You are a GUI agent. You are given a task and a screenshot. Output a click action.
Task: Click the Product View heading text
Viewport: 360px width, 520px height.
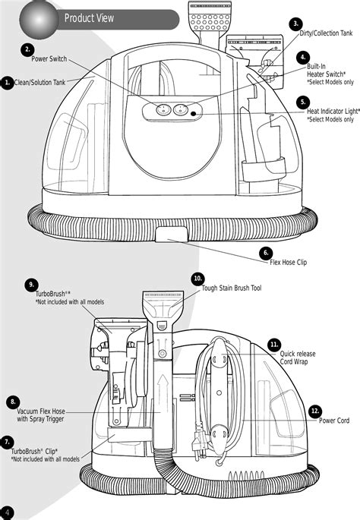(x=89, y=18)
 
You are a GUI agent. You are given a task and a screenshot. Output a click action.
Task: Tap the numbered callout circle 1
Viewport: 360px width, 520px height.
(x=6, y=82)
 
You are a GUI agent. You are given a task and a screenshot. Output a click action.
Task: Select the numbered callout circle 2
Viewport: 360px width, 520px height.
(x=28, y=50)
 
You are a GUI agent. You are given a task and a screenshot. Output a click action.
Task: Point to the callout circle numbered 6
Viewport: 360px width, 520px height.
(x=266, y=253)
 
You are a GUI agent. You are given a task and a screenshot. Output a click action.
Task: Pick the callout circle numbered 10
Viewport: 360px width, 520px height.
(x=198, y=279)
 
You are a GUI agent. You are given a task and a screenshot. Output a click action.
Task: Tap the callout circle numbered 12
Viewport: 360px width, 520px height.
(x=315, y=411)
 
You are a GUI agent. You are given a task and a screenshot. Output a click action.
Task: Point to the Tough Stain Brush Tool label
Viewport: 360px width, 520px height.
(x=232, y=288)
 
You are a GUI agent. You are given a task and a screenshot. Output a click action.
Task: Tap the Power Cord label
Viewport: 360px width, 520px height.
(x=334, y=421)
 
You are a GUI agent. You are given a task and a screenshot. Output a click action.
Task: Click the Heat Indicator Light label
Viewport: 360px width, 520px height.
(x=331, y=111)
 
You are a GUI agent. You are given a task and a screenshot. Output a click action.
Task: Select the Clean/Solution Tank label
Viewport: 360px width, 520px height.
(x=39, y=82)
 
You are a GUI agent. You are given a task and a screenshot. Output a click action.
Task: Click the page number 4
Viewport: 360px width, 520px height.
(x=6, y=512)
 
